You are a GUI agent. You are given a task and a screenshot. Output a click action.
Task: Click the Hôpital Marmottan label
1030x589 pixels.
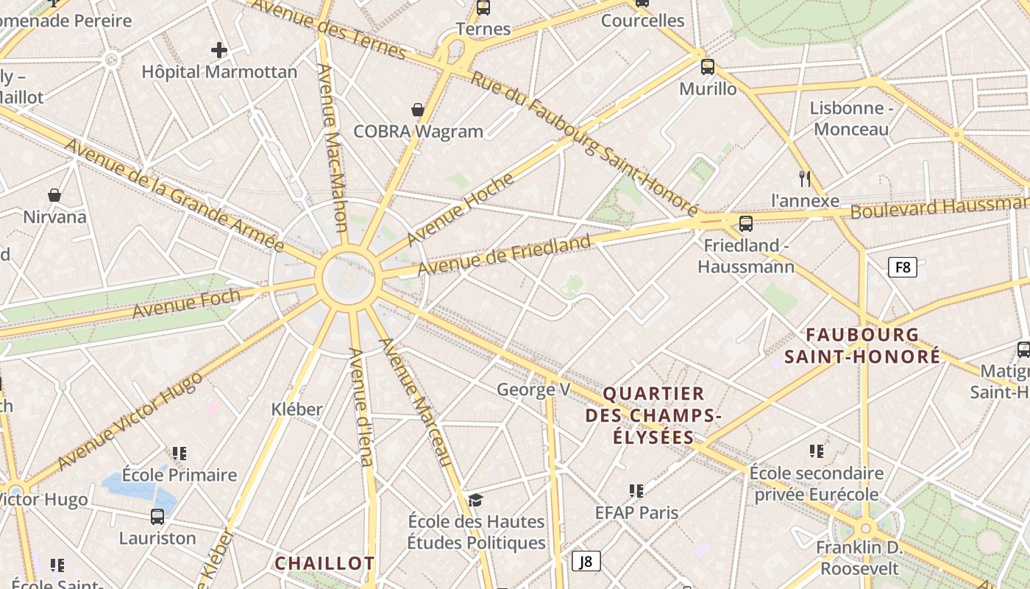(x=219, y=72)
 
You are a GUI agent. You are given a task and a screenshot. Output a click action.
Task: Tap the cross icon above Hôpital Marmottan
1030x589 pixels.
(x=219, y=50)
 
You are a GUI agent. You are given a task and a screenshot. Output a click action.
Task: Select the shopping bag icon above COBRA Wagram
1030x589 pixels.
(x=418, y=110)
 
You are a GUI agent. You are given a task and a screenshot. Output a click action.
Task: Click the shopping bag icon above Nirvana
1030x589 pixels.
(x=54, y=195)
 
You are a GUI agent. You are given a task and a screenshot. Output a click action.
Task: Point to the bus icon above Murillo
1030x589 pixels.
(x=708, y=67)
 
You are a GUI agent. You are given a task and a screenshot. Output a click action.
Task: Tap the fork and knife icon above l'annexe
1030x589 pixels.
(x=805, y=178)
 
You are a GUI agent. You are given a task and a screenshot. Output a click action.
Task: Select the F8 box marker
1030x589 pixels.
(x=903, y=267)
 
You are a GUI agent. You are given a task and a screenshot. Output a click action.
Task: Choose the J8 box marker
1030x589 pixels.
(x=586, y=561)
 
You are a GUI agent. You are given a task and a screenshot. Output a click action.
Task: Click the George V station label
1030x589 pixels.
(x=533, y=389)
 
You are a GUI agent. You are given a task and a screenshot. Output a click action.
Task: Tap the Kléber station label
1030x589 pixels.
(x=296, y=409)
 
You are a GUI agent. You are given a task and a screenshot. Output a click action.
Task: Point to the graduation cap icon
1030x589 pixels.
(x=476, y=501)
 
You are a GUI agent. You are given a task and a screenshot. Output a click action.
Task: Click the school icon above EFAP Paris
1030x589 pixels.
(x=636, y=491)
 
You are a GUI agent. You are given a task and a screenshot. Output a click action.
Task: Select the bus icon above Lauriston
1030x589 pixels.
(x=157, y=517)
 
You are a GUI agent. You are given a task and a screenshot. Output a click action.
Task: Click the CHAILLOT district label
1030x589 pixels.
(x=324, y=564)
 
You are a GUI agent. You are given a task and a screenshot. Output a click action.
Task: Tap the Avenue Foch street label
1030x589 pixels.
(x=186, y=303)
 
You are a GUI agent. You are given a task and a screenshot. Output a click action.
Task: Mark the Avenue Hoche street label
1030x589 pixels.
(x=460, y=209)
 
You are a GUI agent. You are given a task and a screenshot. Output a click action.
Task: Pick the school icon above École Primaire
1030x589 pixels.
(x=180, y=454)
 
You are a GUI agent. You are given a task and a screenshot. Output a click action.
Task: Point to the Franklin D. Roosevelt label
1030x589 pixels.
(x=859, y=558)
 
